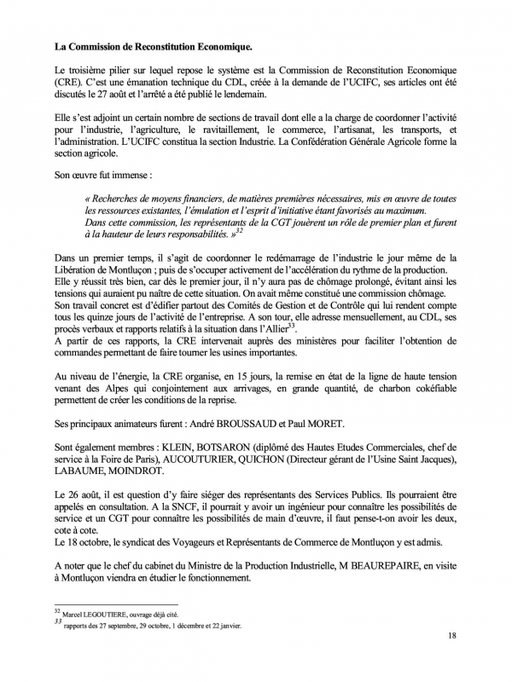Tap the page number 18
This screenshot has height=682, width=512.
tap(452, 659)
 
